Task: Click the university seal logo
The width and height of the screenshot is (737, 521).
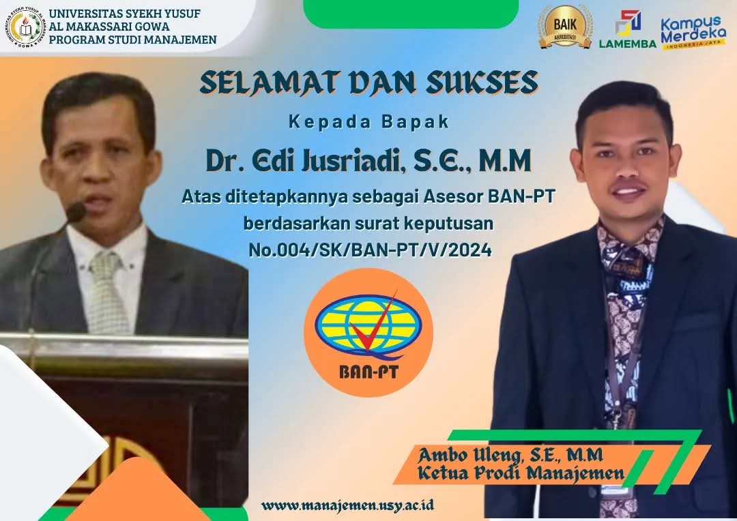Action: click(25, 27)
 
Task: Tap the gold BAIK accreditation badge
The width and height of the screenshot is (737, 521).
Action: click(564, 27)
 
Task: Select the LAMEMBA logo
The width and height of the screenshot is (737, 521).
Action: click(628, 29)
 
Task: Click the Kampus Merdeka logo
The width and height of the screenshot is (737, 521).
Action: click(693, 32)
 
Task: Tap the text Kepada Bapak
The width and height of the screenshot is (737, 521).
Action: click(369, 121)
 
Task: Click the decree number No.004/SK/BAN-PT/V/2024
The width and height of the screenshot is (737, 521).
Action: click(370, 250)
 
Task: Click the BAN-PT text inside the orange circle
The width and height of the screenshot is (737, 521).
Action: click(369, 372)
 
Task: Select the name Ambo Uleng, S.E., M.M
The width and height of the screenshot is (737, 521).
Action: click(510, 455)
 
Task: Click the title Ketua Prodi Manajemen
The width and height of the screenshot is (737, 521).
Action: click(521, 473)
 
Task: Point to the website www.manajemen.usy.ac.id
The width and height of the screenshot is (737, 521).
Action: click(347, 505)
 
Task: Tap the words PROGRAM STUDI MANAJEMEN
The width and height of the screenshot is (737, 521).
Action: click(132, 40)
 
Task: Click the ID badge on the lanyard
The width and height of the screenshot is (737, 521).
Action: click(615, 490)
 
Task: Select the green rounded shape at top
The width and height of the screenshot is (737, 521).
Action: click(411, 13)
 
